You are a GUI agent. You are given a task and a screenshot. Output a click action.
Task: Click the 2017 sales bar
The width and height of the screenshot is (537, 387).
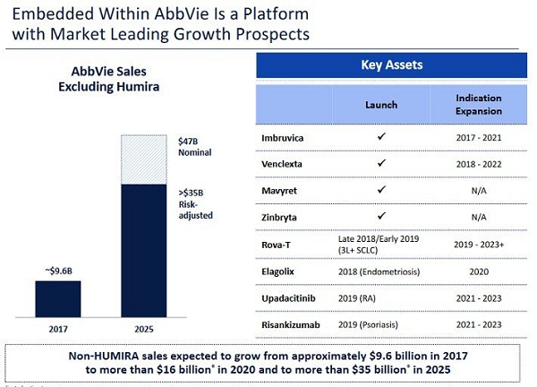[x=58, y=299]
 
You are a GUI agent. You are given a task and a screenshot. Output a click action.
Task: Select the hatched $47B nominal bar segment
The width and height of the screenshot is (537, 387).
[x=144, y=159]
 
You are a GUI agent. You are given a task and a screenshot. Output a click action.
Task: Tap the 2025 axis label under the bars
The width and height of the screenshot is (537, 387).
[x=144, y=329]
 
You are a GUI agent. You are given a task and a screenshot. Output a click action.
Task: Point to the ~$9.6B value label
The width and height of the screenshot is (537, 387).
[x=58, y=271]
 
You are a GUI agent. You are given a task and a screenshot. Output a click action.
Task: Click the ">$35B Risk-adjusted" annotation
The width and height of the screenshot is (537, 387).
[x=195, y=204]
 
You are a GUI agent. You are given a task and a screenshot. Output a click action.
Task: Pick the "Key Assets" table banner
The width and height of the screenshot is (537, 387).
[x=391, y=65]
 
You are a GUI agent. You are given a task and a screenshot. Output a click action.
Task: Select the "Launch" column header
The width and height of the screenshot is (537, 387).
[x=381, y=105]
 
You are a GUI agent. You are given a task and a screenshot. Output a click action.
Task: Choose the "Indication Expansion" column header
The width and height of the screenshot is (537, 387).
[x=479, y=105]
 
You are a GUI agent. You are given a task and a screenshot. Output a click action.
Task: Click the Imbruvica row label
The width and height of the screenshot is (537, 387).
[x=283, y=138]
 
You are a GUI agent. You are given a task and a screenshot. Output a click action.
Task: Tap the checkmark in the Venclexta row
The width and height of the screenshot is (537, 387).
[x=381, y=163]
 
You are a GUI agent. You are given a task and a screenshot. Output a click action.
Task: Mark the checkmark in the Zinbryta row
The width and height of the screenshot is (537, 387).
[x=381, y=216]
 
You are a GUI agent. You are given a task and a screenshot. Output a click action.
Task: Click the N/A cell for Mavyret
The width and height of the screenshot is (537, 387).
[x=479, y=191]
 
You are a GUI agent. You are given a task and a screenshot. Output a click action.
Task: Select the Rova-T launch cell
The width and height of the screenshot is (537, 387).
[x=379, y=245]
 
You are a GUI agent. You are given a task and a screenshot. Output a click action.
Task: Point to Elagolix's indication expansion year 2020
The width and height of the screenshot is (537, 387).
[x=479, y=271]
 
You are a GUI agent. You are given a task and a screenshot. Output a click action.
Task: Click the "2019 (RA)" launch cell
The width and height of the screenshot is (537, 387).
[x=357, y=298]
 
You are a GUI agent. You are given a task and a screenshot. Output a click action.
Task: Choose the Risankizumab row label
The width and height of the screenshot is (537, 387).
[x=291, y=324]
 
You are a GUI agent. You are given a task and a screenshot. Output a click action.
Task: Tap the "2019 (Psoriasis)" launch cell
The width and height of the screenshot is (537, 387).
[x=368, y=324]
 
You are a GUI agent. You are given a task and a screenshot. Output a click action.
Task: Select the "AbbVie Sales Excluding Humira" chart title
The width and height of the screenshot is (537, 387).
[x=109, y=79]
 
